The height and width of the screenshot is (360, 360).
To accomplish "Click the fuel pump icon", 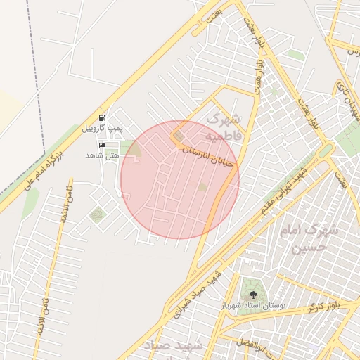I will (103, 117).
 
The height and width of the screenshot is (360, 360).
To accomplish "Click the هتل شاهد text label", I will (99, 154).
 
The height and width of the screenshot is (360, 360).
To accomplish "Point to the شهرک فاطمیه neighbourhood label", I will (224, 125).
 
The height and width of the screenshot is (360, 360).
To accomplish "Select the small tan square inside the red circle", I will (202, 187).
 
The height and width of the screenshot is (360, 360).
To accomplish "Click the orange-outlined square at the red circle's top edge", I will (179, 135).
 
